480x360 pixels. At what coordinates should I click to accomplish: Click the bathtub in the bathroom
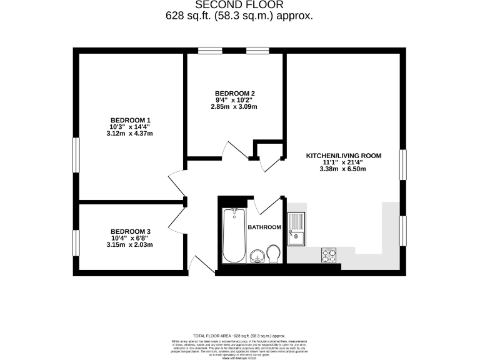pyautogui.click(x=234, y=236)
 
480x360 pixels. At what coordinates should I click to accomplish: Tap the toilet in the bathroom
pyautogui.click(x=272, y=254)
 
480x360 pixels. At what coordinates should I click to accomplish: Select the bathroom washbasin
pyautogui.click(x=256, y=256)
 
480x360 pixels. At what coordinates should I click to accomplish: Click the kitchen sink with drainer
pyautogui.click(x=296, y=228)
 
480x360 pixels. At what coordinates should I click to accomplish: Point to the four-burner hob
pyautogui.click(x=329, y=254)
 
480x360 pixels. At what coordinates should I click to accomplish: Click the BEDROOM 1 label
pyautogui.click(x=131, y=120)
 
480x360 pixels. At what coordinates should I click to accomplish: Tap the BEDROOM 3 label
pyautogui.click(x=131, y=231)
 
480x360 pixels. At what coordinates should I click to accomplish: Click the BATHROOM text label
pyautogui.click(x=264, y=227)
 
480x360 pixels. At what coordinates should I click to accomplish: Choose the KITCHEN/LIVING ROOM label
pyautogui.click(x=343, y=156)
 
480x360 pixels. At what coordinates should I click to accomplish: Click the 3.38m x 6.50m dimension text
pyautogui.click(x=343, y=169)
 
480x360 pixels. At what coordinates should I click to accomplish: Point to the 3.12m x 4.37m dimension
pyautogui.click(x=131, y=133)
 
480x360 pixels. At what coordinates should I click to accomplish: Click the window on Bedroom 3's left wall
pyautogui.click(x=76, y=242)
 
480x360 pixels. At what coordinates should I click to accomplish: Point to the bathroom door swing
pyautogui.click(x=262, y=206)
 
